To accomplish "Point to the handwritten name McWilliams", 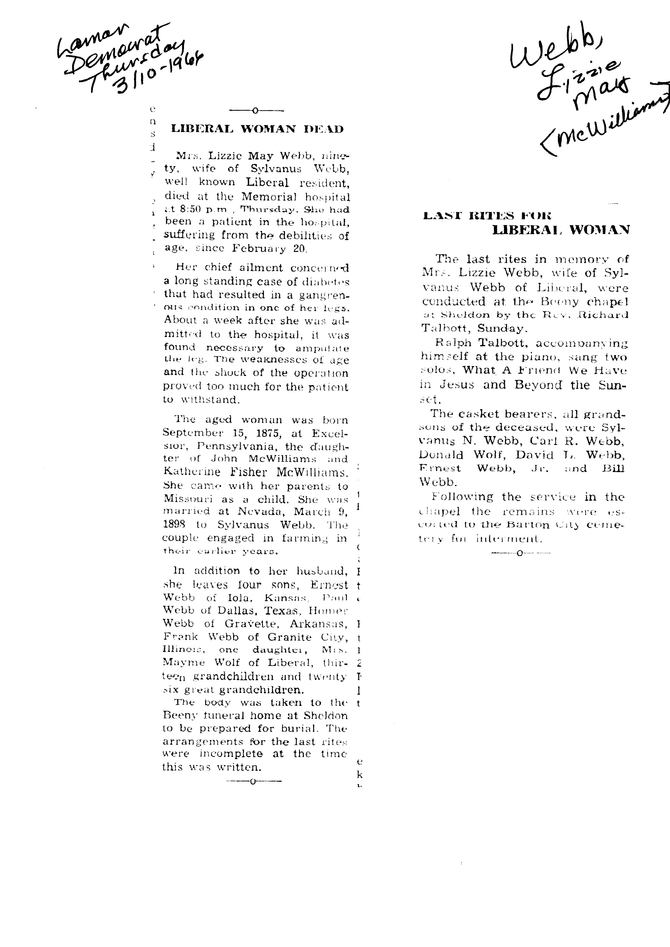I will click(x=607, y=124).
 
